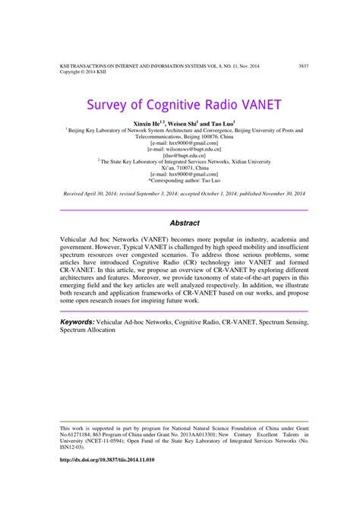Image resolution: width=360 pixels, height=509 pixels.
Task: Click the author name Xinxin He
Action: click(x=150, y=122)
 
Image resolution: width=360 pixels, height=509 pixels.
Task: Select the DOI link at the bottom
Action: click(x=107, y=461)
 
